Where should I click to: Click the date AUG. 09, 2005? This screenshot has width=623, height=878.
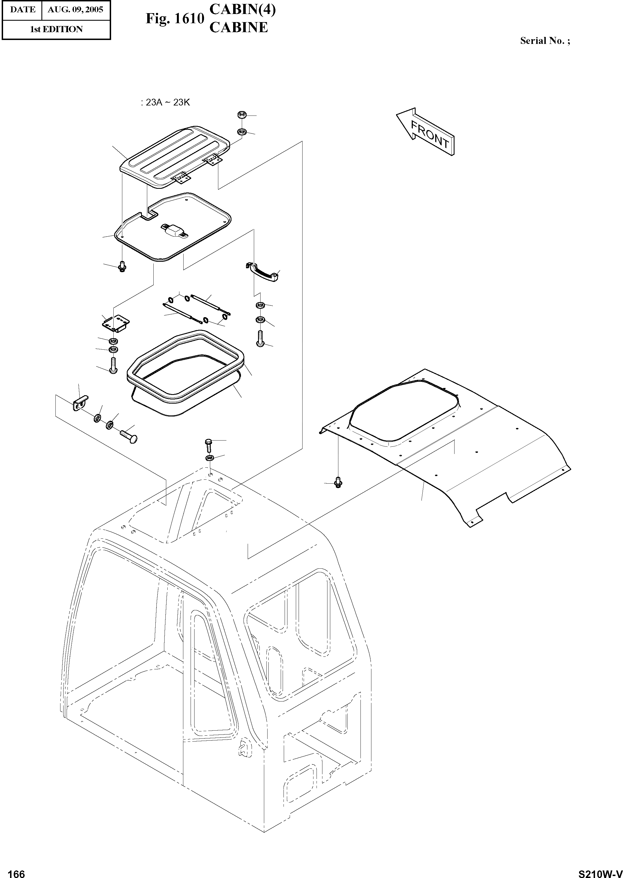pyautogui.click(x=75, y=10)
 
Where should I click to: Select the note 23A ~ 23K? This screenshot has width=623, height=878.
pyautogui.click(x=165, y=103)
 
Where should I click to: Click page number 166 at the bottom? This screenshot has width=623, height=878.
pyautogui.click(x=17, y=871)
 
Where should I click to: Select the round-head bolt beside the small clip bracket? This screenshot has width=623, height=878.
pyautogui.click(x=129, y=436)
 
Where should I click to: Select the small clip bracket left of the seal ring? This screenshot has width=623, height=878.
pyautogui.click(x=79, y=402)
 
